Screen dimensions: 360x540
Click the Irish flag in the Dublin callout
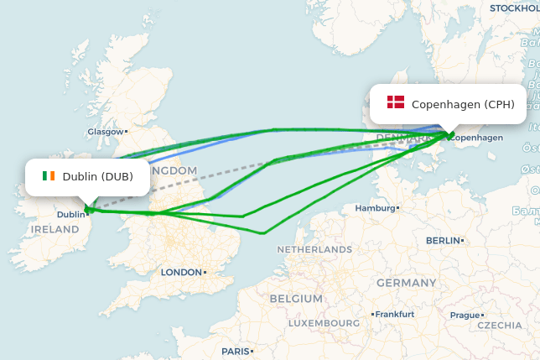tap(49, 176)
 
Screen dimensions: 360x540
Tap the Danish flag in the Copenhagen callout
tap(396, 102)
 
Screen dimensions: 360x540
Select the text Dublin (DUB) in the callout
tap(97, 176)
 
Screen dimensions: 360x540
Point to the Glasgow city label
tap(105, 131)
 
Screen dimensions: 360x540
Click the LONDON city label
tap(181, 272)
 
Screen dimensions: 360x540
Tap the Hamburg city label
tap(374, 207)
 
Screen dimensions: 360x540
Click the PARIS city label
tap(236, 351)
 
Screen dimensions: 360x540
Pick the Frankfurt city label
tap(395, 314)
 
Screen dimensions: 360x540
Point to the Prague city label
tap(465, 316)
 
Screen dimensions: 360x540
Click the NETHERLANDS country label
tap(314, 249)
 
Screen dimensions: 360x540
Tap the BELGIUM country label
tap(296, 298)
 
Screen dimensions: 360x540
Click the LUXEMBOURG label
tap(324, 322)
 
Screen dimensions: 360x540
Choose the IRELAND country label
tap(55, 229)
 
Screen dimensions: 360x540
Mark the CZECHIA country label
tap(499, 325)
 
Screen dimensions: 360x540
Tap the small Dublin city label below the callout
tap(70, 214)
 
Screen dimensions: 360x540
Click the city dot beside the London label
tap(205, 272)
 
